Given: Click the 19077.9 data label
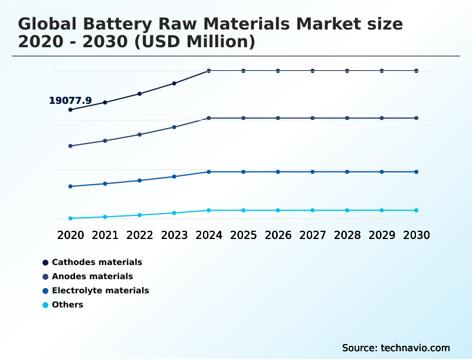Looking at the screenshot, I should pyautogui.click(x=70, y=101).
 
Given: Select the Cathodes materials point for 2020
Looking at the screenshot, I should pyautogui.click(x=70, y=110).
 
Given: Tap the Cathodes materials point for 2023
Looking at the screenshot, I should pyautogui.click(x=174, y=83).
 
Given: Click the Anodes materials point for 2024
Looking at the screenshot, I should pyautogui.click(x=209, y=118).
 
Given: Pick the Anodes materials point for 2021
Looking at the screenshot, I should pyautogui.click(x=105, y=140).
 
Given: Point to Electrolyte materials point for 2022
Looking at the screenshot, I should pyautogui.click(x=140, y=181).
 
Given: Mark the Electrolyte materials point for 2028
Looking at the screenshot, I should pyautogui.click(x=347, y=172).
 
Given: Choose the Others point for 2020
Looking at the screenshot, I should pyautogui.click(x=70, y=218).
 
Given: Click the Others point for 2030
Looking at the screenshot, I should pyautogui.click(x=416, y=210).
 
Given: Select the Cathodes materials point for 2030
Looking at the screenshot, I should pyautogui.click(x=416, y=71).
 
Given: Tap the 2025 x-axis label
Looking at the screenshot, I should pyautogui.click(x=243, y=235).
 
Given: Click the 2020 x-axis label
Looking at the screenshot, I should pyautogui.click(x=70, y=235).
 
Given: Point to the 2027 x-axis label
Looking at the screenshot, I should pyautogui.click(x=313, y=235).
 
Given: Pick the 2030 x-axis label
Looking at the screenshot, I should pyautogui.click(x=416, y=235).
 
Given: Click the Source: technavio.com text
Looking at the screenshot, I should pyautogui.click(x=395, y=348).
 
